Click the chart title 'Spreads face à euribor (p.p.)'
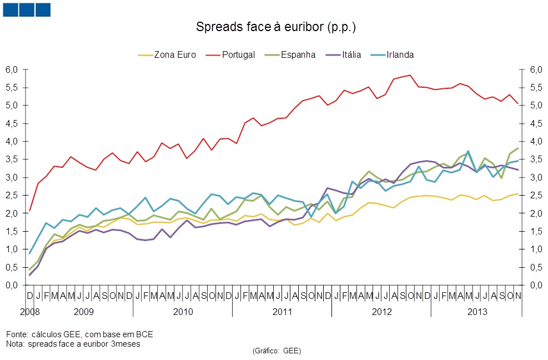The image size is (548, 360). pos(275,27)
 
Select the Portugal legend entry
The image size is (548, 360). pos(238,54)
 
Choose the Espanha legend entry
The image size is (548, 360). pos(298,54)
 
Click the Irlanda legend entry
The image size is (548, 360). pos(400,54)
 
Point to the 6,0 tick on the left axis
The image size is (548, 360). pos(12,69)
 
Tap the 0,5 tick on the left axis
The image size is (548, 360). pos(12,267)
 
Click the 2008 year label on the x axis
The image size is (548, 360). pos(29,311)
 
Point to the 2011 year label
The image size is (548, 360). pos(282,311)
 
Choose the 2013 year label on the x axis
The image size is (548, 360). pos(477,311)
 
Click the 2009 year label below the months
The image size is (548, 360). pos(83,311)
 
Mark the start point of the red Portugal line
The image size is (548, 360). pos(29,211)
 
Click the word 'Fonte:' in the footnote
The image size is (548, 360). pos(16,334)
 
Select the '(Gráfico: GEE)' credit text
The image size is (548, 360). pos(276,351)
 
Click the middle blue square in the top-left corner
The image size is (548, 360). pos(27,9)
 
